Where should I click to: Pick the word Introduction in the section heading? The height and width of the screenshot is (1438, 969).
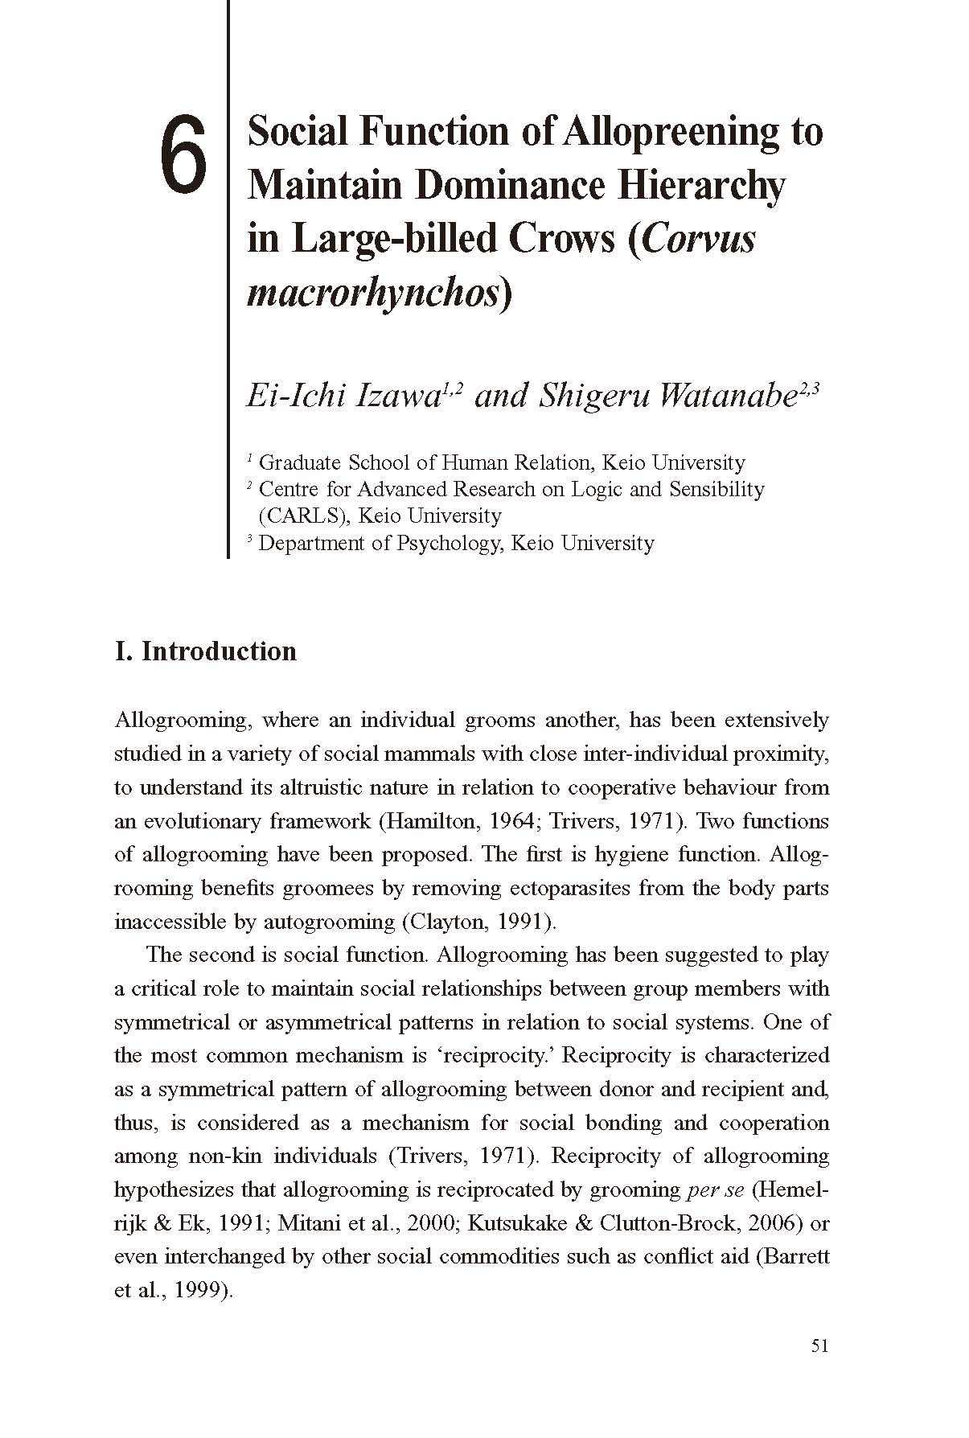click(x=219, y=651)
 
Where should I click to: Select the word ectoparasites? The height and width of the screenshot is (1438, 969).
click(x=571, y=888)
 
